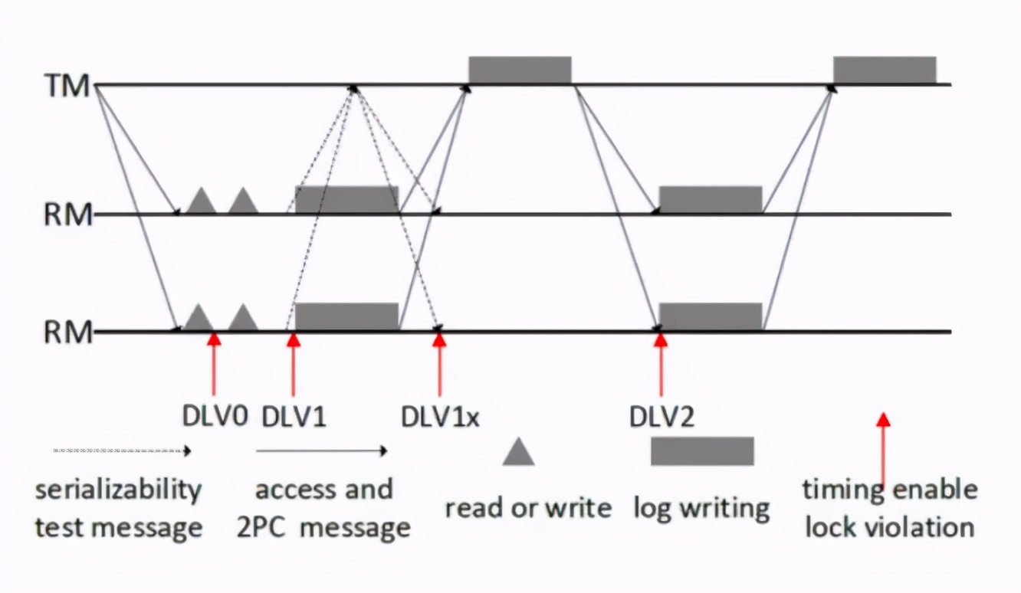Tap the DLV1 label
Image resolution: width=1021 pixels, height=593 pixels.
[x=294, y=417]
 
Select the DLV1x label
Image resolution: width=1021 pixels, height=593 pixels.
[x=440, y=417]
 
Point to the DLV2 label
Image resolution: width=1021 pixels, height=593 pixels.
[x=662, y=417]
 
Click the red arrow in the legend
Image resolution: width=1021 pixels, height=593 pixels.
[x=883, y=448]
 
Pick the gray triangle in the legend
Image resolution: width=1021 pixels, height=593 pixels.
[x=519, y=453]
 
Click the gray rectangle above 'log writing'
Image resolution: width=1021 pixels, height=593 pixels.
[x=702, y=450]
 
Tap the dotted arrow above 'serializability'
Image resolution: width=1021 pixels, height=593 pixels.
[x=121, y=451]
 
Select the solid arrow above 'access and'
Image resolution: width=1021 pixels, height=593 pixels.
[x=322, y=451]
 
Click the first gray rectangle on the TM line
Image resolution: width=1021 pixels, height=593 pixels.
[x=520, y=70]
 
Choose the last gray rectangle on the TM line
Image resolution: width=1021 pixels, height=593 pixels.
[x=885, y=70]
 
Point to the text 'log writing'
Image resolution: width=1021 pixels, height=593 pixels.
[x=701, y=508]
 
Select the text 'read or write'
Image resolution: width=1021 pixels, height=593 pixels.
[x=528, y=508]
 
